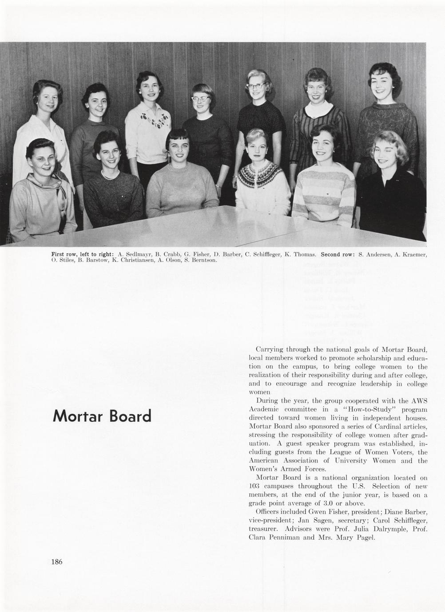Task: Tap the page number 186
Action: [x=57, y=562]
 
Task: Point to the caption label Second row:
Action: [x=337, y=254]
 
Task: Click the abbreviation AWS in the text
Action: [x=420, y=401]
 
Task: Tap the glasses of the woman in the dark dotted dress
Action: [x=258, y=86]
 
